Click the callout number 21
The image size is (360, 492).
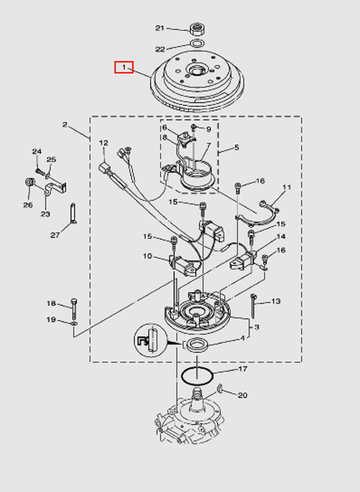160,28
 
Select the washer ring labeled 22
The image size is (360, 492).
196,45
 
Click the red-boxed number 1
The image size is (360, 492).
124,67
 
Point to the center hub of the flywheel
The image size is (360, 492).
197,71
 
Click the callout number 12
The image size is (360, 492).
104,143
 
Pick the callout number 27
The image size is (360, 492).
55,235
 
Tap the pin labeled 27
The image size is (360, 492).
72,213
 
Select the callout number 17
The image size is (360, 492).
243,369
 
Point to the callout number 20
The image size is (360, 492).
243,395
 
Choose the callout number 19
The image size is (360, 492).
51,320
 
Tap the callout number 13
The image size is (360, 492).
275,301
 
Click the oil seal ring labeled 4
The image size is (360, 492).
197,345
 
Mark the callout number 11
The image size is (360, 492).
287,187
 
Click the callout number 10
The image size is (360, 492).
147,256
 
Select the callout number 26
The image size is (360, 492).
28,205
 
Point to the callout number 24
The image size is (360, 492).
37,151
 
